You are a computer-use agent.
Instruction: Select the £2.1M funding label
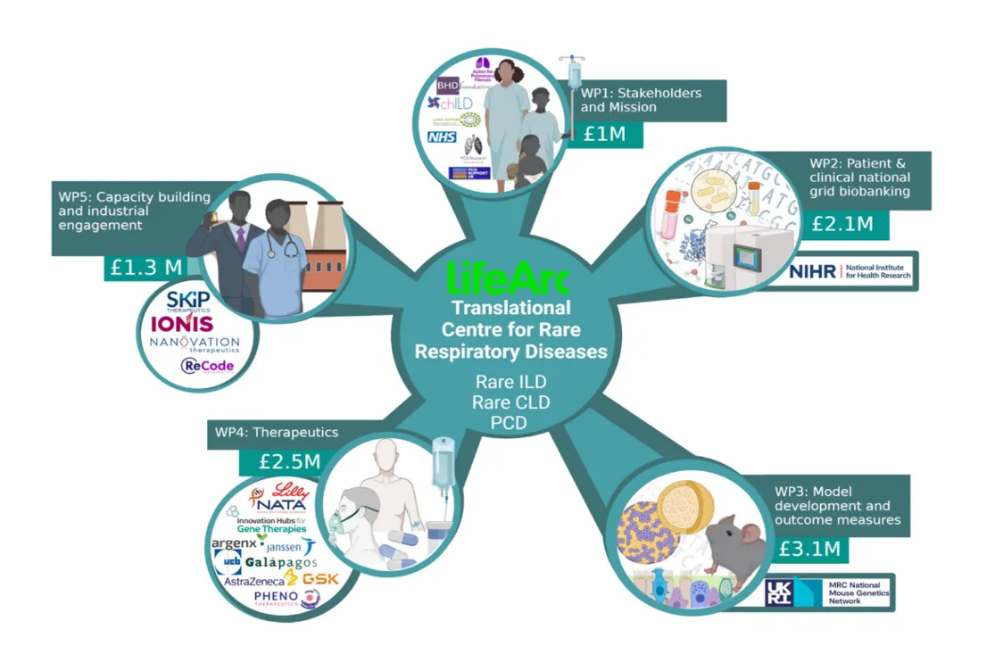pyautogui.click(x=842, y=224)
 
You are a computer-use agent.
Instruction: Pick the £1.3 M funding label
pyautogui.click(x=146, y=267)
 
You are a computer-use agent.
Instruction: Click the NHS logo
pyautogui.click(x=442, y=137)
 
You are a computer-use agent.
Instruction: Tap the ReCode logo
pyautogui.click(x=207, y=366)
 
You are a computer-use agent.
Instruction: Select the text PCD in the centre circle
pyautogui.click(x=509, y=422)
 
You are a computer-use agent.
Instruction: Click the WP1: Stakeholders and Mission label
pyautogui.click(x=641, y=99)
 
